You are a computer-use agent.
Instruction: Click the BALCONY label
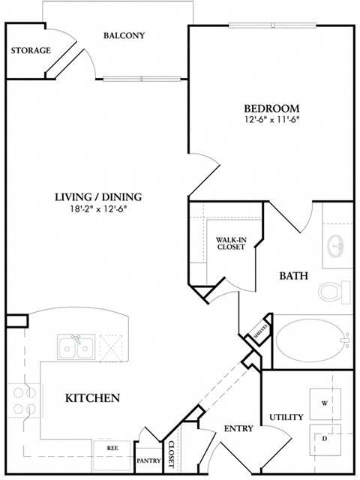point(124,35)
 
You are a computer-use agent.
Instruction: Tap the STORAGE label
point(31,51)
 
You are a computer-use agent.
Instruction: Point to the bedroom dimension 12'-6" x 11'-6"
point(271,119)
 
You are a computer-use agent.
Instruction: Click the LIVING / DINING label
point(97,197)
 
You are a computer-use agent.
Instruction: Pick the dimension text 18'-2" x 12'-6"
point(97,209)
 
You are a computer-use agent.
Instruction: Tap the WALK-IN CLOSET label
point(230,243)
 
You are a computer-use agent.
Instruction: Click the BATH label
point(294,276)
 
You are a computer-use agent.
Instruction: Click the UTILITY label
point(286,417)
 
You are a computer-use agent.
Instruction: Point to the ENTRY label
point(238,429)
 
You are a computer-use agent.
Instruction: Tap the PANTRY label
point(148,460)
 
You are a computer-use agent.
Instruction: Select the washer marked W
point(325,404)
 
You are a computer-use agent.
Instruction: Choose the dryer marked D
point(325,438)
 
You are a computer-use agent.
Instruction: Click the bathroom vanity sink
point(336,247)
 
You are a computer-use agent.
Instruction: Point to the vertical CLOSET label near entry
point(171,454)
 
